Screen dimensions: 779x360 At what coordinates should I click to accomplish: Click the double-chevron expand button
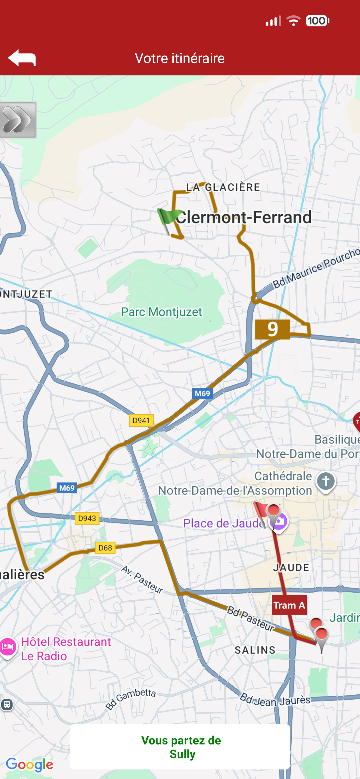pos(17,120)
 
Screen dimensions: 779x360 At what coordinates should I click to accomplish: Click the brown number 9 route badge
pos(272,329)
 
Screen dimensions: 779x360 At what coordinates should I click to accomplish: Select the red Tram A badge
pos(289,605)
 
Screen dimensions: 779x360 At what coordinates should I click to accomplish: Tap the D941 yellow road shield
pos(141,420)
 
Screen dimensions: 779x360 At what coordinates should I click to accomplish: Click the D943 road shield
pos(87,518)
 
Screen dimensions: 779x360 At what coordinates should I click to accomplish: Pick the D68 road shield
pos(105,548)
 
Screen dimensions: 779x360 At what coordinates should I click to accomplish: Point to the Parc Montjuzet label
pos(161,312)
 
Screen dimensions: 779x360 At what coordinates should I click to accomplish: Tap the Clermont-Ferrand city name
pos(244,217)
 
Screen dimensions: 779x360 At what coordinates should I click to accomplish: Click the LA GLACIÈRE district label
pos(223,187)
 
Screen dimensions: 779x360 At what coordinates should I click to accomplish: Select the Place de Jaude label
pos(223,523)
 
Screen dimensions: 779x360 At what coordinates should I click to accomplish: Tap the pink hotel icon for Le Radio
pos(8,647)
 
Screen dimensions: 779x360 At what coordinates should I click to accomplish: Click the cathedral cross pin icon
pos(326,481)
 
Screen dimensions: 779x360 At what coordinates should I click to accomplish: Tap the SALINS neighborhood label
pos(255,650)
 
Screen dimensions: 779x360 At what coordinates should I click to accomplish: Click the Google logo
pos(29,764)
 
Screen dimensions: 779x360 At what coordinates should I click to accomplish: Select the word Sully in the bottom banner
pos(182,754)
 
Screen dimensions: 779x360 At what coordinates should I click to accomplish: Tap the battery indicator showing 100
pos(317,21)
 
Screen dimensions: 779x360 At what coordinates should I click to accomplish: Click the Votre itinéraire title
pos(180,58)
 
